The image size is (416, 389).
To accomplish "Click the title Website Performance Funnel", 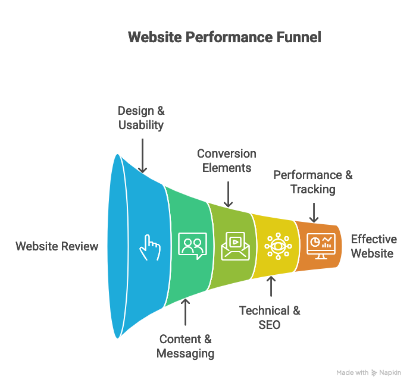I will [x=224, y=37].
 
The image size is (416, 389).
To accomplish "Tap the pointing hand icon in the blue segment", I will [x=150, y=246].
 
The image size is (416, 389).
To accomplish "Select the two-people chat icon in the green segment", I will [x=192, y=246].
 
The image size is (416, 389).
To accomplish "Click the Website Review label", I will [x=57, y=246].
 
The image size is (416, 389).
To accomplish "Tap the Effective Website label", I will [x=373, y=246].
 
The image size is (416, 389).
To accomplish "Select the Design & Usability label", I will [x=141, y=118].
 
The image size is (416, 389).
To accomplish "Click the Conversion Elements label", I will [x=227, y=161].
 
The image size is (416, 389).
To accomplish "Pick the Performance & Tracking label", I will [x=313, y=182].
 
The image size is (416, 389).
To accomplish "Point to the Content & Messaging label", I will [x=185, y=346].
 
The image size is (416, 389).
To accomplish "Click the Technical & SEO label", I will [x=270, y=318].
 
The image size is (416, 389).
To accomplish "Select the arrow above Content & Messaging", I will [x=185, y=312].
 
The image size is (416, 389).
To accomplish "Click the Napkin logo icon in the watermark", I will [x=374, y=373].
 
